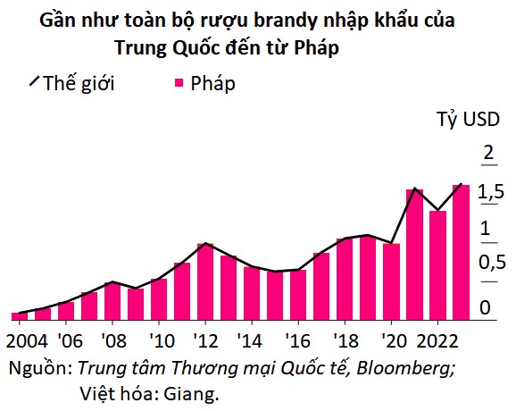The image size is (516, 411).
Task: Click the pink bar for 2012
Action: coord(205,281)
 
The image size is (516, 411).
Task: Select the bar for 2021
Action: coord(414,255)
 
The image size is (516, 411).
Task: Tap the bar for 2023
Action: coord(461,253)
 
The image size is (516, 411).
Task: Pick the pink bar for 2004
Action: coord(20,316)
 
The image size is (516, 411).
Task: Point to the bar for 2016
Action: coord(298,295)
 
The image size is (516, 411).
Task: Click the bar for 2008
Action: coord(112,301)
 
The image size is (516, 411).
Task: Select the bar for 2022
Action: coord(437,265)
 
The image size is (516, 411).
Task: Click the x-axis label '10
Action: coord(162,340)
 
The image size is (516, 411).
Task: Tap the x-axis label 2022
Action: coord(437,340)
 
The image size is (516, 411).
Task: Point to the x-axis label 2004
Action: coord(27,340)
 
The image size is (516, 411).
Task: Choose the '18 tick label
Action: coord(345,340)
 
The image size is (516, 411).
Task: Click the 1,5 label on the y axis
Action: coord(491,191)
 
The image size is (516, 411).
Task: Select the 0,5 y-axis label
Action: coord(492,263)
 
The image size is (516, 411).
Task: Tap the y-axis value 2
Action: coord(488,153)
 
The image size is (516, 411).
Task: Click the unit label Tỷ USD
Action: coord(469,119)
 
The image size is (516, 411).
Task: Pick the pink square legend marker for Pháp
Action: coord(179,82)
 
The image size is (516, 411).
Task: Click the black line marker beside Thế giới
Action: coord(34,80)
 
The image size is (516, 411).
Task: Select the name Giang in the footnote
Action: coord(191,393)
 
